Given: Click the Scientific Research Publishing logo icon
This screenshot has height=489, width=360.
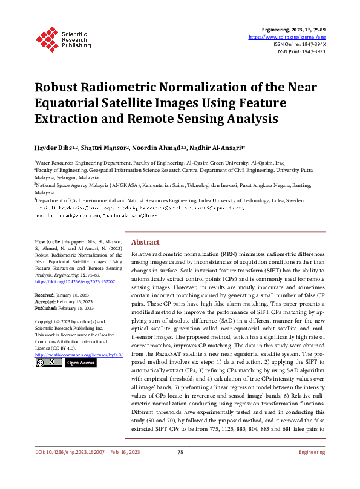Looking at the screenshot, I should [46, 38].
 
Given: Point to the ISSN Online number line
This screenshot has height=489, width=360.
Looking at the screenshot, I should [299, 44].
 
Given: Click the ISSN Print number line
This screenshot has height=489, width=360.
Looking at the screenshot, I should [301, 51].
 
